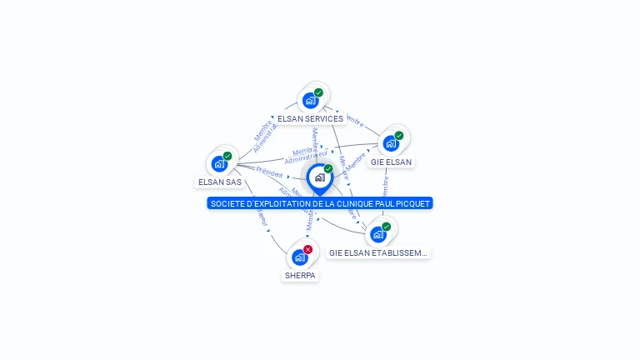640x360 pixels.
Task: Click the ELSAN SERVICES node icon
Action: coord(311,101)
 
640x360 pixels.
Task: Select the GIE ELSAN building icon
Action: coord(391,143)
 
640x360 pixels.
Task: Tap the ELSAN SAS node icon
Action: coord(219,163)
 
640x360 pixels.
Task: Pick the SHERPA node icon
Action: coord(299,257)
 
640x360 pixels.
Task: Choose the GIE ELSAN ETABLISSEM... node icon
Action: coord(378,234)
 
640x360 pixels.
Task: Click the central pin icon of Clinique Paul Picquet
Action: coord(319,177)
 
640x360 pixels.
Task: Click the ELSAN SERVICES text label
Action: coord(310,119)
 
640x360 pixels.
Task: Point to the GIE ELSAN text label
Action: coord(391,162)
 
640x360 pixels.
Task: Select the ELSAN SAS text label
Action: coord(220,182)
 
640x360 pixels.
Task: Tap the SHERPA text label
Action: coord(300,276)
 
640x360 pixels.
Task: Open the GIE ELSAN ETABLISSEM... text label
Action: coord(378,252)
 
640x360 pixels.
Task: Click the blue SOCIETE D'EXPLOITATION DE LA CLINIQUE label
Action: coord(320,203)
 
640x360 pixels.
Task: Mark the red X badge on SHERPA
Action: coord(307,249)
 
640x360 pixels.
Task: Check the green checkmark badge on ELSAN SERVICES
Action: coord(318,92)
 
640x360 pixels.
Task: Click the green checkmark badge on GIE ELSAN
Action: coord(399,135)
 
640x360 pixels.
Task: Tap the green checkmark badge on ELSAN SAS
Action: coord(227,156)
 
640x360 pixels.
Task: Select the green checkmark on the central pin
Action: coord(328,168)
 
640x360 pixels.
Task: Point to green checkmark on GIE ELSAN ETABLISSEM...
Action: coord(386,226)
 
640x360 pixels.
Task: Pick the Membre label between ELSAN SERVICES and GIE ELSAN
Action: coord(354,120)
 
